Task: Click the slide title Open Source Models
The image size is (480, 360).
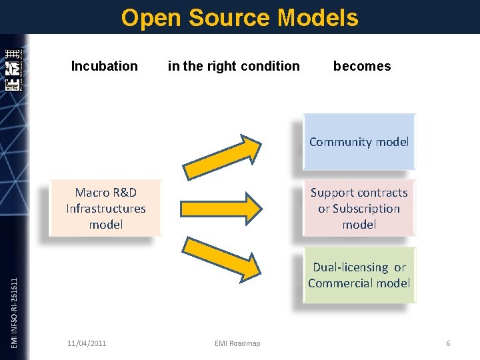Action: pyautogui.click(x=240, y=17)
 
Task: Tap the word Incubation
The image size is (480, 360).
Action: pyautogui.click(x=104, y=66)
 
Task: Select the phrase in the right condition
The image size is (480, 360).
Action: pyautogui.click(x=233, y=66)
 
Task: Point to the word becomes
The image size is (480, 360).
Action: pyautogui.click(x=362, y=66)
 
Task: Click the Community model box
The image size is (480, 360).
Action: pyautogui.click(x=359, y=141)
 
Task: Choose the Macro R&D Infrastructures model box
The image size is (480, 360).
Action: pyautogui.click(x=105, y=208)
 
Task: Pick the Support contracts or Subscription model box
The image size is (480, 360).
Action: pyautogui.click(x=359, y=208)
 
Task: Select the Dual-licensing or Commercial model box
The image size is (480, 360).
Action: pyautogui.click(x=359, y=275)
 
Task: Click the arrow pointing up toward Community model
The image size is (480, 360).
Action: pyautogui.click(x=223, y=153)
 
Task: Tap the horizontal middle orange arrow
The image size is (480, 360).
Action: pyautogui.click(x=223, y=207)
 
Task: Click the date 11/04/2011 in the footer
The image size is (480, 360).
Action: pyautogui.click(x=87, y=343)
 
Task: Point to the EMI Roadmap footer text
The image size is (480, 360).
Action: pyautogui.click(x=237, y=343)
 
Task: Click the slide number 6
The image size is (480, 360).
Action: pyautogui.click(x=448, y=343)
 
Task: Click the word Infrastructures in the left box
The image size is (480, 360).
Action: pyautogui.click(x=105, y=209)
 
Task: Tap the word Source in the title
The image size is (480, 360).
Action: pyautogui.click(x=231, y=17)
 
